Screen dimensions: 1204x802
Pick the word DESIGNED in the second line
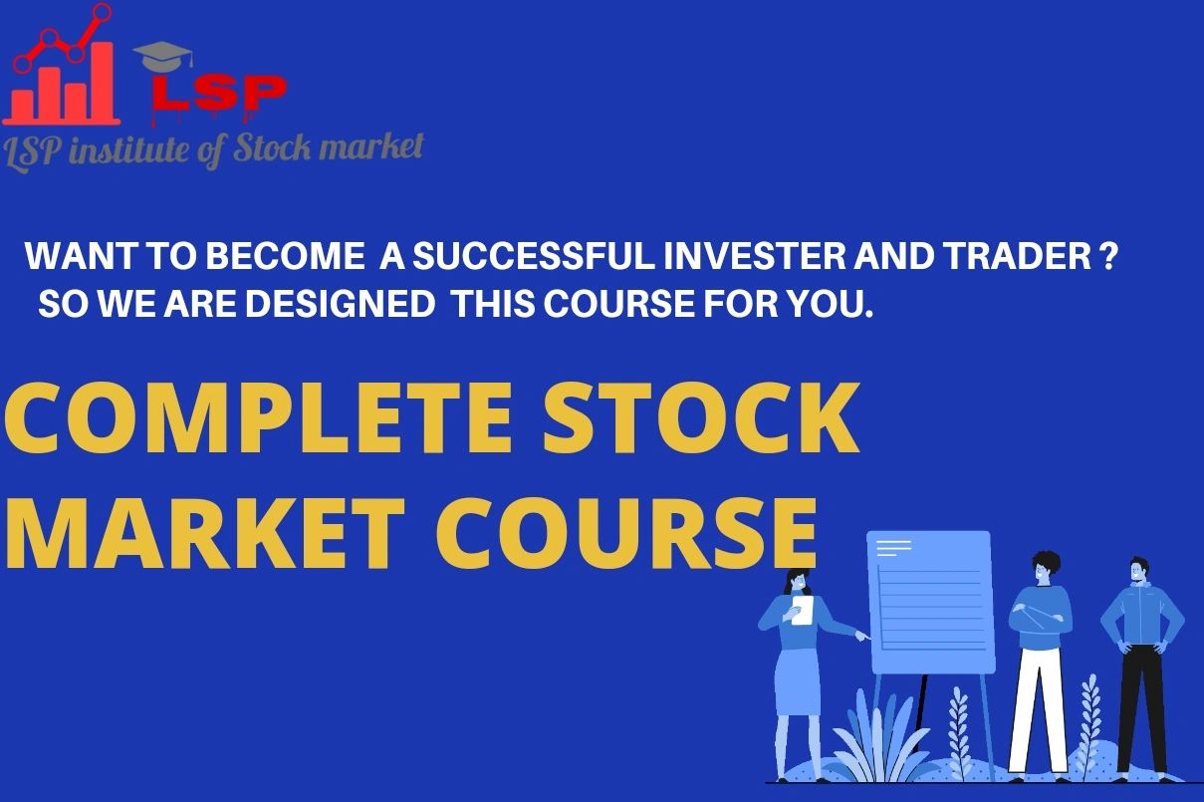[341, 305]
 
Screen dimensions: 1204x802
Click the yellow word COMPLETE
[259, 418]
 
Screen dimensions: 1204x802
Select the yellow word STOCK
[700, 418]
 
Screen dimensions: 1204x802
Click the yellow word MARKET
[205, 533]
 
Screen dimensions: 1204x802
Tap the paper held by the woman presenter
[803, 611]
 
